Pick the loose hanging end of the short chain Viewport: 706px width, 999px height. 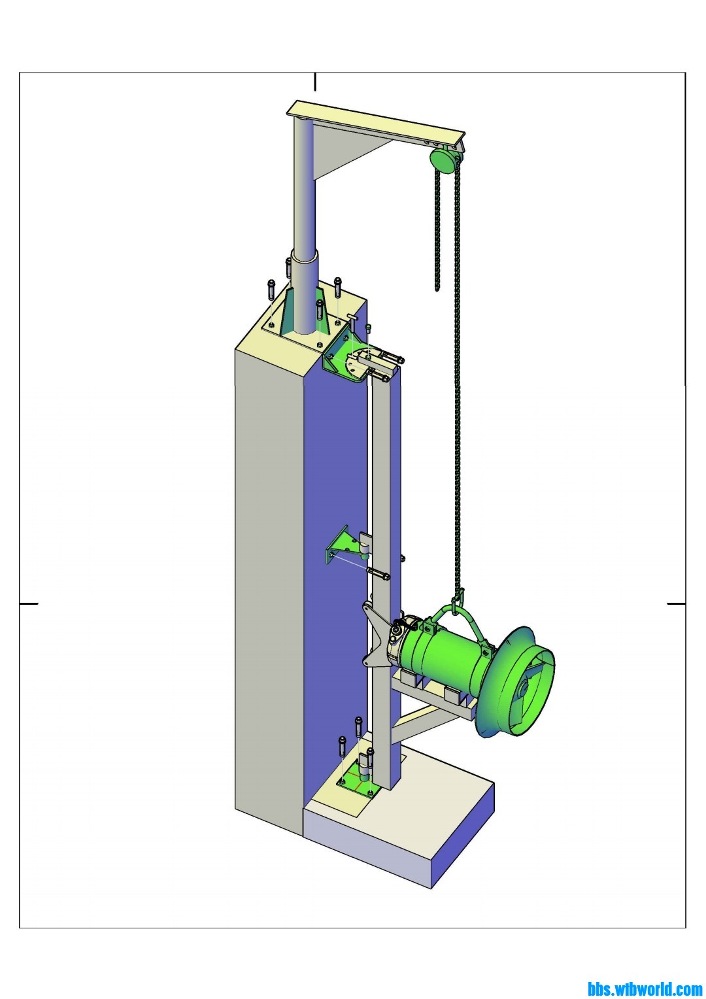pos(437,288)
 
